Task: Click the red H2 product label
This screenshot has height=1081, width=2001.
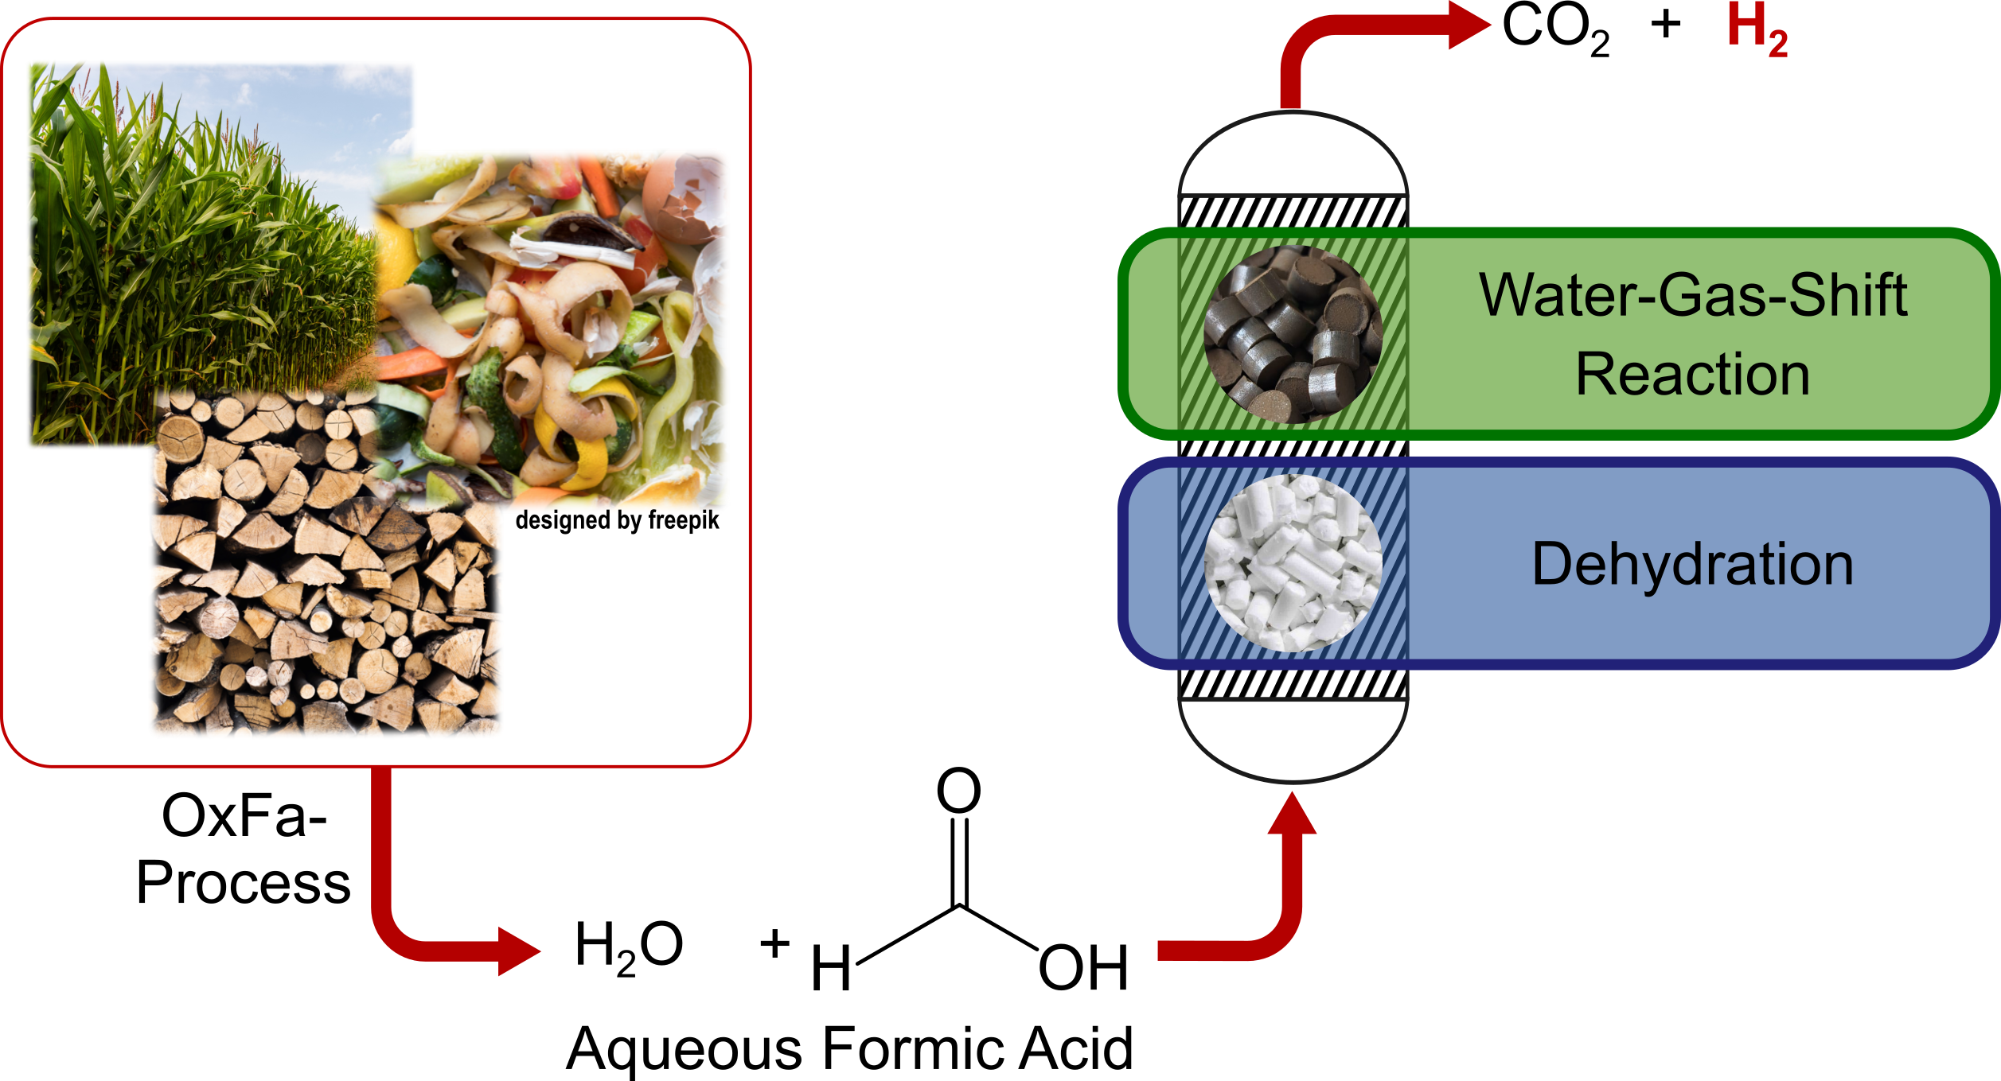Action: pos(1757,29)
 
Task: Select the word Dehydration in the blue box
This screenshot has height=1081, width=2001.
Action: pos(1693,564)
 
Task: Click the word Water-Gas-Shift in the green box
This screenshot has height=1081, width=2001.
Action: pos(1693,295)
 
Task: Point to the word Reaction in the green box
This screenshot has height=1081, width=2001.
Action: pos(1693,374)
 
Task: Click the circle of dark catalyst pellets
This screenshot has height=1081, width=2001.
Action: pos(1293,335)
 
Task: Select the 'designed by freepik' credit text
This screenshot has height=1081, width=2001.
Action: pos(617,520)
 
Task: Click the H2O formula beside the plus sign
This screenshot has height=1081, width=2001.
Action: pos(629,947)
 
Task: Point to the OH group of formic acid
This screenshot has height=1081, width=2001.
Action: pos(1083,968)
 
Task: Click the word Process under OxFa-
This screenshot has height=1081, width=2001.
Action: pos(244,883)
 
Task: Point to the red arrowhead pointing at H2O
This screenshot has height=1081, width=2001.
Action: pos(519,951)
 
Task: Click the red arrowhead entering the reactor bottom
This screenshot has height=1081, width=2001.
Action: pos(1292,814)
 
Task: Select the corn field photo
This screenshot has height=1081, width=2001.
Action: pos(203,255)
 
